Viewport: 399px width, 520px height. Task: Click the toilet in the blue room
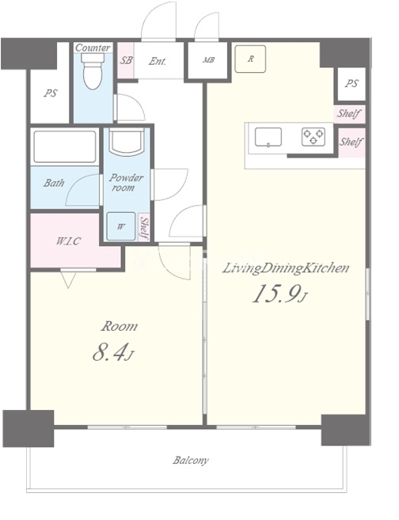(93, 71)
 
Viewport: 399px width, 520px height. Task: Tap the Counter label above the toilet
(93, 47)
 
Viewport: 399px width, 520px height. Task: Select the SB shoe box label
(126, 61)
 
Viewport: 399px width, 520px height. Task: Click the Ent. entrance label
(158, 62)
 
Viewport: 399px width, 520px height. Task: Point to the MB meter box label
(209, 60)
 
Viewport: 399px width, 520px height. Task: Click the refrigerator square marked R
(250, 59)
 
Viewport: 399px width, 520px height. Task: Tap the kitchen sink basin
(268, 137)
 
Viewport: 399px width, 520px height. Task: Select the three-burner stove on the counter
(313, 137)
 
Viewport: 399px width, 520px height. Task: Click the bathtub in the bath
(65, 147)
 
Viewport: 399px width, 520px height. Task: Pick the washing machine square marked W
(121, 226)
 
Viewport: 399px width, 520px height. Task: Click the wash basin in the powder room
(127, 142)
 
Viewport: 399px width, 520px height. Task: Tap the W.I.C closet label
(68, 241)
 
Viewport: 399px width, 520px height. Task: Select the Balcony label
(191, 461)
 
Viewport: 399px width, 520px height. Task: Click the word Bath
(54, 182)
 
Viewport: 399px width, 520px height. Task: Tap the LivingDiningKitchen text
(285, 268)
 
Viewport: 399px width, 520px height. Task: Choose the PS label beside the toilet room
(51, 93)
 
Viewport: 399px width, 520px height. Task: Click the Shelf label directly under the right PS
(348, 114)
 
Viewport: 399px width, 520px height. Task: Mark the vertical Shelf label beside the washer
(144, 228)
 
